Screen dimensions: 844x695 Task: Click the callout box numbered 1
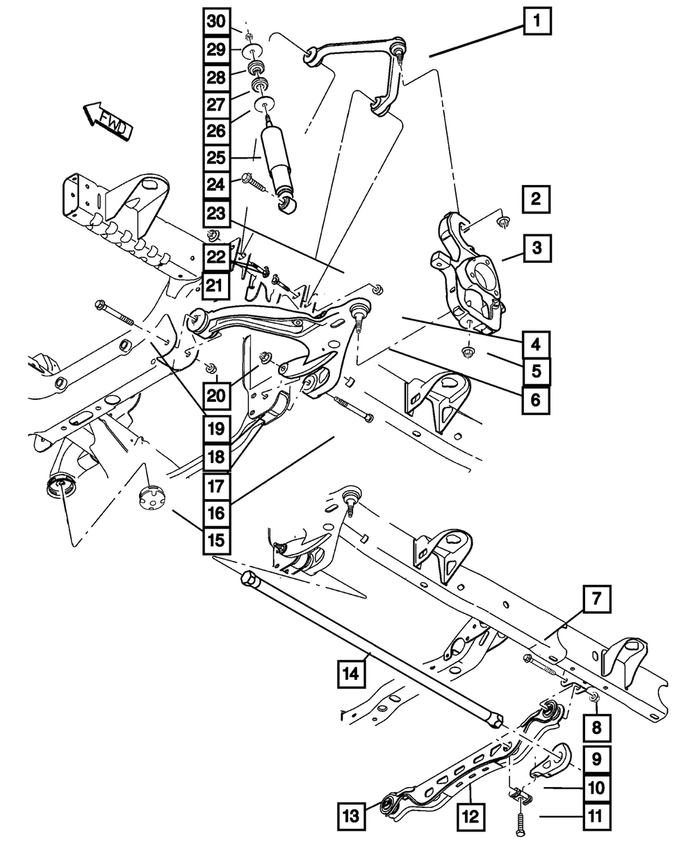click(x=537, y=22)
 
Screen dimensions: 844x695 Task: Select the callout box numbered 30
click(x=216, y=22)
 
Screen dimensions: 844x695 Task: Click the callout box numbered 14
click(x=353, y=673)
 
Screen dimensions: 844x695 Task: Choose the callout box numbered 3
click(x=537, y=246)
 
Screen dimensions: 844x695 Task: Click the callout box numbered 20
click(x=216, y=396)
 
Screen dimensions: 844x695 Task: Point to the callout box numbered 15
click(x=216, y=539)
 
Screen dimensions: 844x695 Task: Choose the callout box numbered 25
click(x=216, y=158)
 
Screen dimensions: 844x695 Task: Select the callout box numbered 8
click(x=596, y=729)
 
